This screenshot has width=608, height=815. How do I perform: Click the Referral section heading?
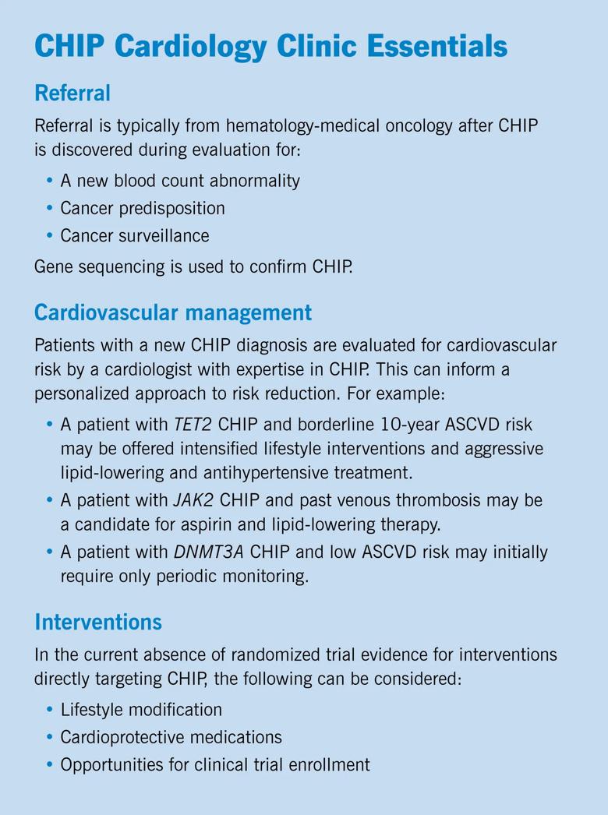72,93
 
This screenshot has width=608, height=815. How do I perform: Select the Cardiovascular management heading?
173,313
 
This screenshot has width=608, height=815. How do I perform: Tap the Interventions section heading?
98,622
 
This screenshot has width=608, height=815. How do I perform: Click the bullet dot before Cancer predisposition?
50,208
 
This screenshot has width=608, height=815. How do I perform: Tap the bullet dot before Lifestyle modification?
50,710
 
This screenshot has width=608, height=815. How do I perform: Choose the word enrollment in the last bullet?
331,764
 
